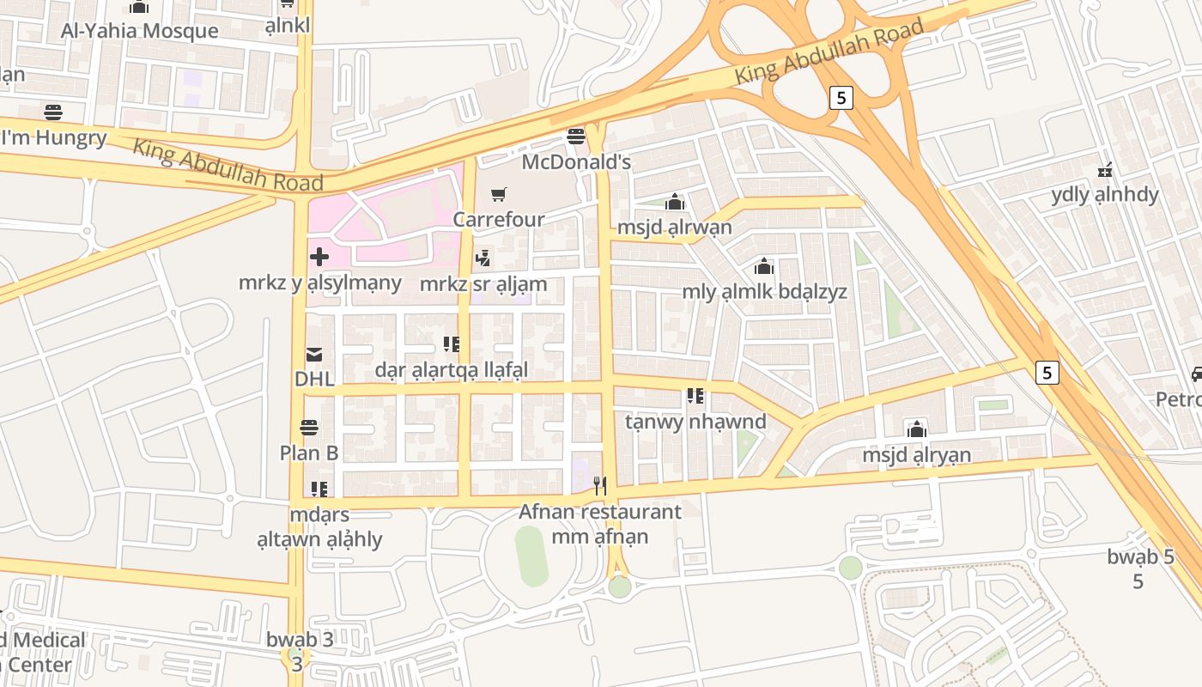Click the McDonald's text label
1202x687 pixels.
tap(576, 161)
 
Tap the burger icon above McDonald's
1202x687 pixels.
tap(575, 137)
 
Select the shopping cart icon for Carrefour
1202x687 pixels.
tap(498, 195)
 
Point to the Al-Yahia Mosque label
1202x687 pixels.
tap(139, 31)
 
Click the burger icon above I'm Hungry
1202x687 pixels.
tap(52, 112)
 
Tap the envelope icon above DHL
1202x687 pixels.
tap(313, 354)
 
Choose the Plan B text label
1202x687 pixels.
tap(309, 453)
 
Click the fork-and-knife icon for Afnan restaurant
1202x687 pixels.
tap(600, 486)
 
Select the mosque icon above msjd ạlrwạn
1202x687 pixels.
tap(675, 202)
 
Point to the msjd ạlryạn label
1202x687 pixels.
tap(917, 454)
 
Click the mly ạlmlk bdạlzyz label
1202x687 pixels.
tap(764, 291)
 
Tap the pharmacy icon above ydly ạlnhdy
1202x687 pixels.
tap(1105, 169)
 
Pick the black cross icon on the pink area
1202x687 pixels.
tap(319, 256)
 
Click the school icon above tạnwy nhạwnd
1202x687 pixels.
tap(695, 396)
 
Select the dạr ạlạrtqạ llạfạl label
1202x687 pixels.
tap(452, 370)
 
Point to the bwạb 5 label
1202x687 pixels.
tap(1140, 556)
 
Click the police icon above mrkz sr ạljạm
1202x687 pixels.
tap(483, 258)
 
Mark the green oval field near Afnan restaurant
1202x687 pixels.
tap(531, 556)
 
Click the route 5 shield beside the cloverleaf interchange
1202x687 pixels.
tap(841, 98)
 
